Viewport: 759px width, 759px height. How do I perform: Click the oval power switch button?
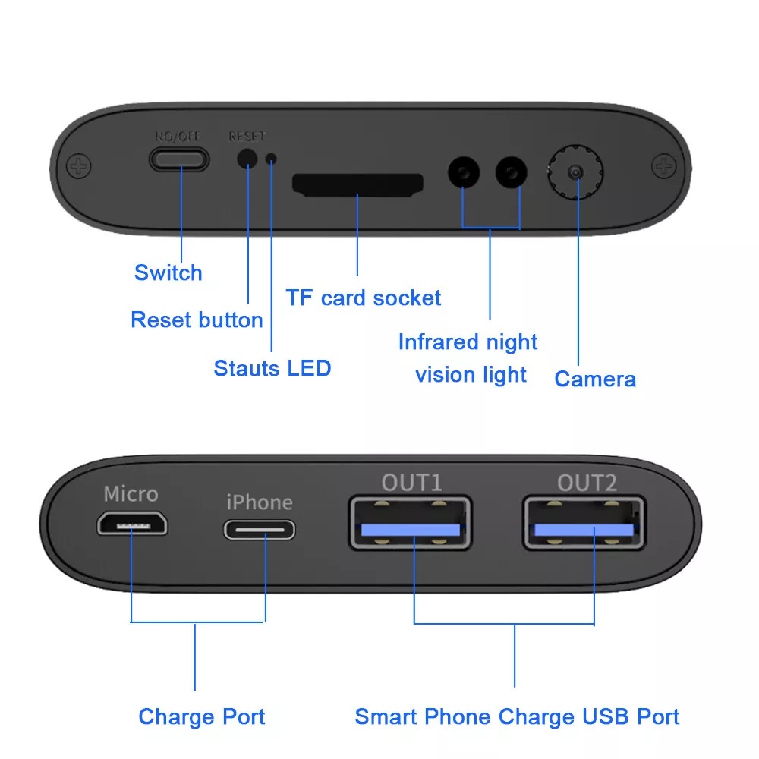click(179, 159)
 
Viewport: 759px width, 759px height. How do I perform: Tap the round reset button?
click(247, 159)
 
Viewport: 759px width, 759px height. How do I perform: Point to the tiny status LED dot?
click(272, 159)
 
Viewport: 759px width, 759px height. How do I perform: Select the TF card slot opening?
click(357, 185)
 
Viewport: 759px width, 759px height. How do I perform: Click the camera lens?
click(575, 172)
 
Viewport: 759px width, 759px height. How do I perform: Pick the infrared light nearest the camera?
click(511, 172)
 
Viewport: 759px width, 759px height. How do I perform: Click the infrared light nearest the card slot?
click(464, 172)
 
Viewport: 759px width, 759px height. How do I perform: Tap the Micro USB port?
click(132, 524)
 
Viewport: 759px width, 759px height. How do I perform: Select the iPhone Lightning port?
click(260, 530)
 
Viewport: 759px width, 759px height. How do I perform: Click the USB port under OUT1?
click(410, 523)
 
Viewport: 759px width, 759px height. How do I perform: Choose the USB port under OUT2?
click(584, 523)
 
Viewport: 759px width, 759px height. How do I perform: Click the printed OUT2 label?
click(587, 483)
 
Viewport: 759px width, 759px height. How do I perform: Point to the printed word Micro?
click(131, 494)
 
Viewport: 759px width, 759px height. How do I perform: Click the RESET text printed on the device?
click(247, 137)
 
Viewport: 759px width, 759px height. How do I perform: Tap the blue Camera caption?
click(595, 379)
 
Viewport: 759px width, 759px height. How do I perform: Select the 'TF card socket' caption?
click(363, 298)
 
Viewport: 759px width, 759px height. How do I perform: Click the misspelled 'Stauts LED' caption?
click(272, 368)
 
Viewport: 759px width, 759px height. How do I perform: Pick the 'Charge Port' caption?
click(202, 717)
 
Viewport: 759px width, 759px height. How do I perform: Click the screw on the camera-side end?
click(663, 166)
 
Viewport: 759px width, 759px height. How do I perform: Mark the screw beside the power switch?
click(78, 166)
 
